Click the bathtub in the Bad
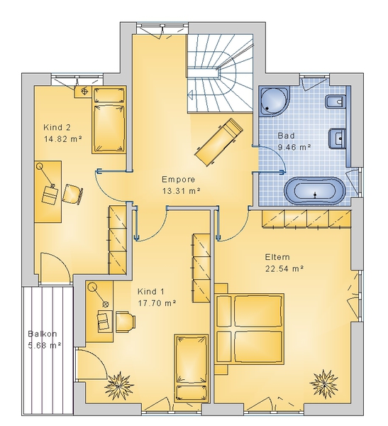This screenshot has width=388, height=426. point(315,191)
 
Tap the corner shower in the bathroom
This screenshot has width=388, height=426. point(275,101)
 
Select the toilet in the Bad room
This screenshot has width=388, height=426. point(335,102)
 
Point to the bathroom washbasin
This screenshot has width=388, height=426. point(337,138)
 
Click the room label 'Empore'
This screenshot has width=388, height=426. point(178,180)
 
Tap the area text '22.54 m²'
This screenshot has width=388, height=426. point(284,268)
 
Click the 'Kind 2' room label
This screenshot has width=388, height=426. point(57,127)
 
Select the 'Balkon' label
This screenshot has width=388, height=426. point(43,334)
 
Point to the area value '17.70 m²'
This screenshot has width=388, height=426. point(157,302)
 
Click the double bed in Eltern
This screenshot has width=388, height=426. point(249,329)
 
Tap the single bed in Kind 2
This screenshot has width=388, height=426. point(109,120)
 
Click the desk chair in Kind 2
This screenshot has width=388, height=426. point(72,193)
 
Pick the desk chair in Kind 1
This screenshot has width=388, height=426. point(126,322)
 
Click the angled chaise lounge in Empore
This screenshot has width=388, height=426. point(218,142)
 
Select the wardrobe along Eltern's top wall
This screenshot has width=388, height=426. point(306,219)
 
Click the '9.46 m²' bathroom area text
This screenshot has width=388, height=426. point(294,148)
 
